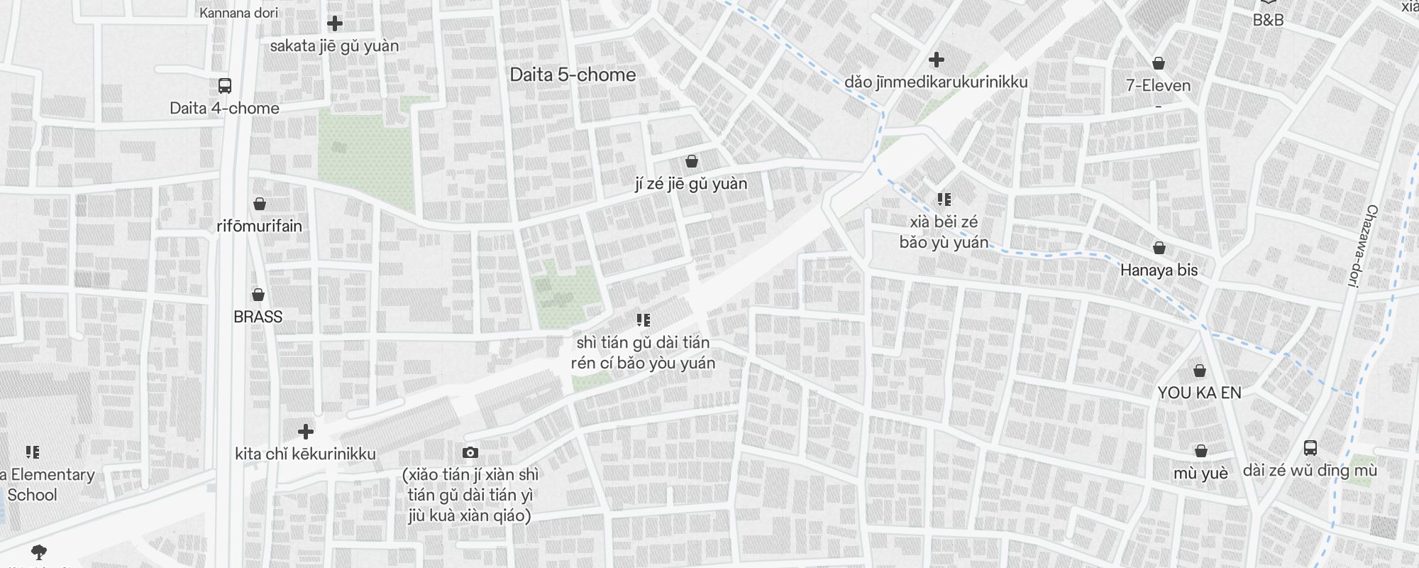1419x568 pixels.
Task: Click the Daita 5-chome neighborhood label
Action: [573, 75]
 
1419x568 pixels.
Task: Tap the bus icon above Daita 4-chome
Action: [225, 86]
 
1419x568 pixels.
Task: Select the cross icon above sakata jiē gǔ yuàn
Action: [335, 23]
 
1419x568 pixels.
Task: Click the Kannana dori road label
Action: [238, 13]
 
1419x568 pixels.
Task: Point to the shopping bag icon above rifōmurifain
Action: [260, 204]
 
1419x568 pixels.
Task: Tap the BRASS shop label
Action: [258, 317]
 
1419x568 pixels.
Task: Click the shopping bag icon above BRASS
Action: [258, 294]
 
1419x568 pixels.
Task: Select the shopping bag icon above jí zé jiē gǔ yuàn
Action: [692, 161]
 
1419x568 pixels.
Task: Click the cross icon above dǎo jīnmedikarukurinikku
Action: [937, 60]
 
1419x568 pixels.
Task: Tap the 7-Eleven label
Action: [1158, 86]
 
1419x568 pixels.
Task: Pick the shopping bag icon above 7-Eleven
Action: [1159, 63]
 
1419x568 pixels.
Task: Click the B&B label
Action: [1268, 20]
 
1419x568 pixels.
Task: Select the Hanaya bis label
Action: [1159, 270]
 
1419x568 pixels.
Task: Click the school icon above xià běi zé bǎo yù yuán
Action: [944, 199]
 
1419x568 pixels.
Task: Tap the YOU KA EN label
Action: [1199, 393]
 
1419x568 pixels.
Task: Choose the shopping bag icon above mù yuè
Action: [1200, 451]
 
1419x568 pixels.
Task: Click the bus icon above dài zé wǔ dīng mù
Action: [1310, 448]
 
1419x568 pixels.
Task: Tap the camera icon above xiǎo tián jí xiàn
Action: [470, 452]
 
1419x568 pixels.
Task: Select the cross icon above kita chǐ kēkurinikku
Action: [306, 432]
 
